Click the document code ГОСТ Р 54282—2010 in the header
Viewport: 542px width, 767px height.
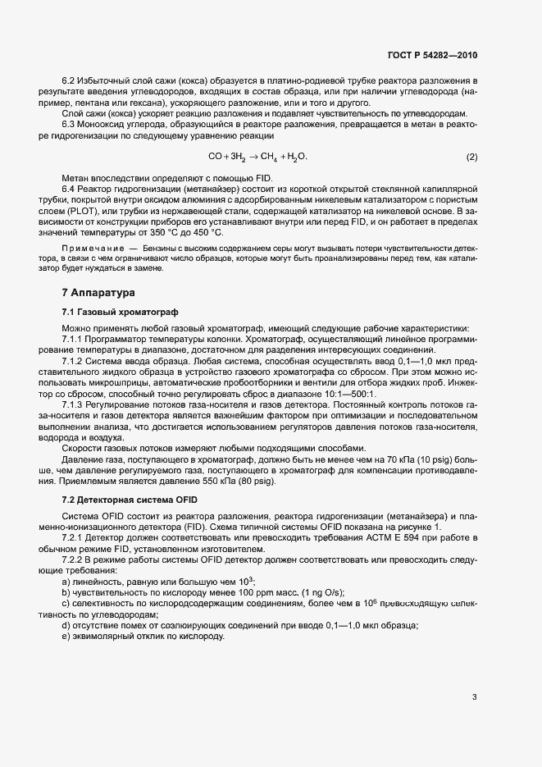coord(432,56)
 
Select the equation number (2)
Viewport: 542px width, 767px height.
coord(471,156)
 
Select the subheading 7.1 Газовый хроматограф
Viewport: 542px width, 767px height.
coord(113,313)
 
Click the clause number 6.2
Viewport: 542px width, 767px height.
coord(69,81)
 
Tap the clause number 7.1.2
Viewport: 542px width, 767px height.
coord(75,360)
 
